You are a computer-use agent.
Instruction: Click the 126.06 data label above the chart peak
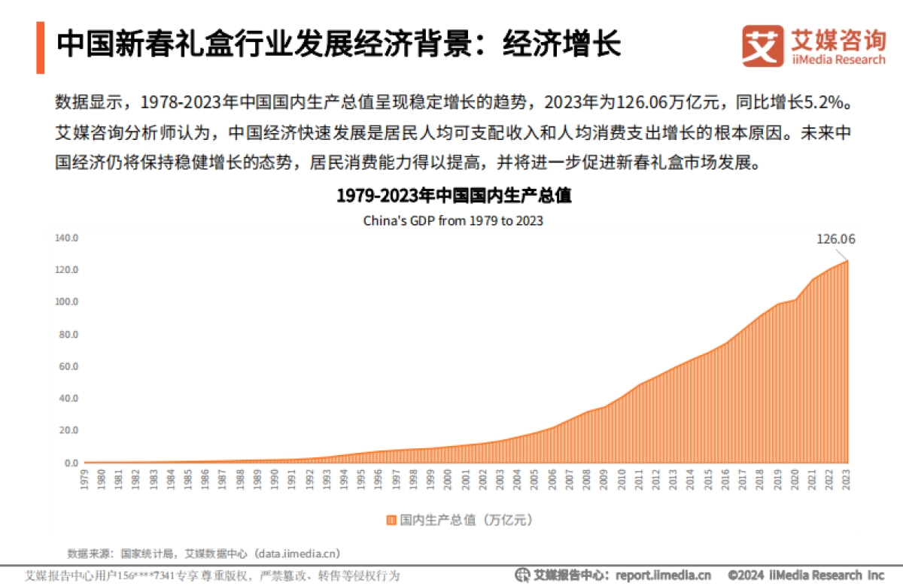tap(836, 240)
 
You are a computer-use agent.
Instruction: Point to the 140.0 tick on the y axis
tap(67, 238)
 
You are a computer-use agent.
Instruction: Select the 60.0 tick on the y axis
tap(67, 366)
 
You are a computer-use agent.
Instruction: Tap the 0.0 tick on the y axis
tap(69, 463)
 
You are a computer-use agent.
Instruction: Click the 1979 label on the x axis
tap(84, 478)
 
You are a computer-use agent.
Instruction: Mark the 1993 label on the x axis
tap(327, 478)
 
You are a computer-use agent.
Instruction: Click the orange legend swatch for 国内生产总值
tap(391, 520)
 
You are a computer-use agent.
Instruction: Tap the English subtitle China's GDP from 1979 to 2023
tap(453, 221)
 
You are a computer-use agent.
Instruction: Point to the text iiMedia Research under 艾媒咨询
tap(838, 60)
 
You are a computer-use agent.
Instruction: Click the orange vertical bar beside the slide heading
tap(40, 47)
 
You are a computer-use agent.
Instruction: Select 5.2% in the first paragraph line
tap(833, 101)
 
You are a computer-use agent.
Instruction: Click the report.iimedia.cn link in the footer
tap(664, 575)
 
